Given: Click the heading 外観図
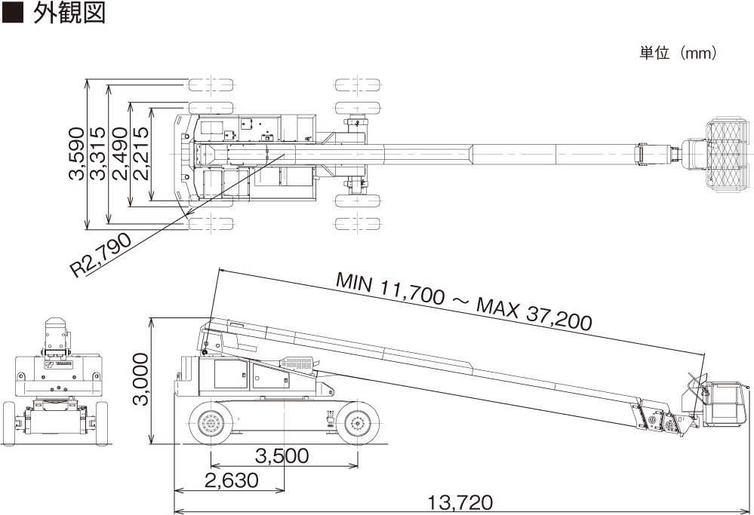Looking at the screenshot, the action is tap(69, 13).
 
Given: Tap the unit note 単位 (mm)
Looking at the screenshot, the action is tap(678, 52).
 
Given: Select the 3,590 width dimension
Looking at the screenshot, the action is tap(76, 154).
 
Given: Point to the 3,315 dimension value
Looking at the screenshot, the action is tap(97, 154).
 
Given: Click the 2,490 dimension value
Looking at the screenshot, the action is tap(119, 154).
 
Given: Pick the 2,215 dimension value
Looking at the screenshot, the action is tap(141, 154).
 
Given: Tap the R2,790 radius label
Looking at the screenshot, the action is tap(100, 255).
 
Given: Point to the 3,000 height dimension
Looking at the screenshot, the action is tap(141, 379).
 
